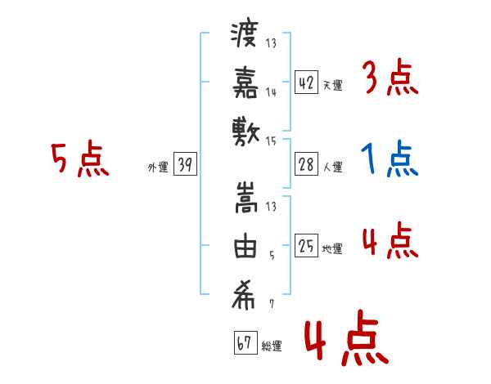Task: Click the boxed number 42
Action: coord(307,83)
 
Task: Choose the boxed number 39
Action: coord(185,165)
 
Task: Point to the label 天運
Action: coord(332,85)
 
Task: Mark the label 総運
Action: coord(271,346)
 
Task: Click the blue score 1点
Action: coord(390,159)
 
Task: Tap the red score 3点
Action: coord(390,78)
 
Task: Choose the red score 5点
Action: coord(80,159)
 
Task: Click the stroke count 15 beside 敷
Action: coord(273,141)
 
